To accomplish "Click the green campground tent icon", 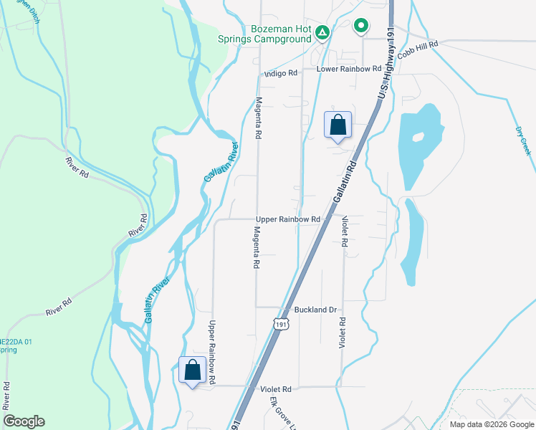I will pos(323,32).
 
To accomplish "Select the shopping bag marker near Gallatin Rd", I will pos(338,125).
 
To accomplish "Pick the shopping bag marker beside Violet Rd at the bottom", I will pos(193,371).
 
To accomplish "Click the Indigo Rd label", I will pos(280,73).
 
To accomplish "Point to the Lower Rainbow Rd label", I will pos(350,69).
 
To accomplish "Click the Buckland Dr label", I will pos(315,310).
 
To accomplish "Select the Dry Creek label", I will pos(523,141).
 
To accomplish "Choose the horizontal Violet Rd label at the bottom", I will pos(276,388).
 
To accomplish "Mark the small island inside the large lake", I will pos(418,136).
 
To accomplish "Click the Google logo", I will pos(24,421).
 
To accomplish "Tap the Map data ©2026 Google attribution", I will pos(491,424).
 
